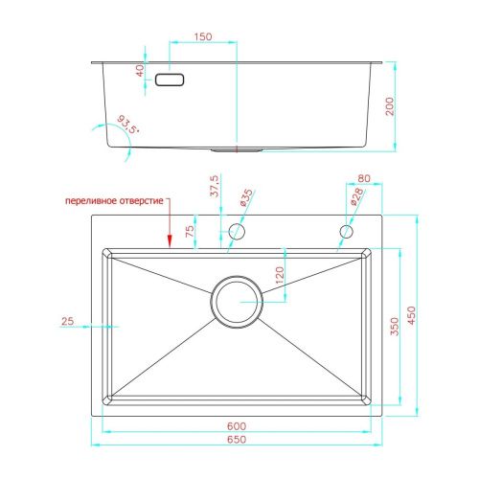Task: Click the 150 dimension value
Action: pyautogui.click(x=203, y=36)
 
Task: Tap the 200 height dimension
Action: pyautogui.click(x=390, y=106)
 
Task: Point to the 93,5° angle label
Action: pyautogui.click(x=128, y=125)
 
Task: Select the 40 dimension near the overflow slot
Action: pyautogui.click(x=140, y=71)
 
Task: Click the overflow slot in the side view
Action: pyautogui.click(x=170, y=80)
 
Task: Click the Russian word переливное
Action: pyautogui.click(x=91, y=201)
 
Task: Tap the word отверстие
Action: pyautogui.click(x=141, y=201)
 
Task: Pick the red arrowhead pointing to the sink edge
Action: pyautogui.click(x=170, y=241)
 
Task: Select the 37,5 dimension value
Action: pyautogui.click(x=215, y=186)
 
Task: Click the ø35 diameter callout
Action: pyautogui.click(x=246, y=197)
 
